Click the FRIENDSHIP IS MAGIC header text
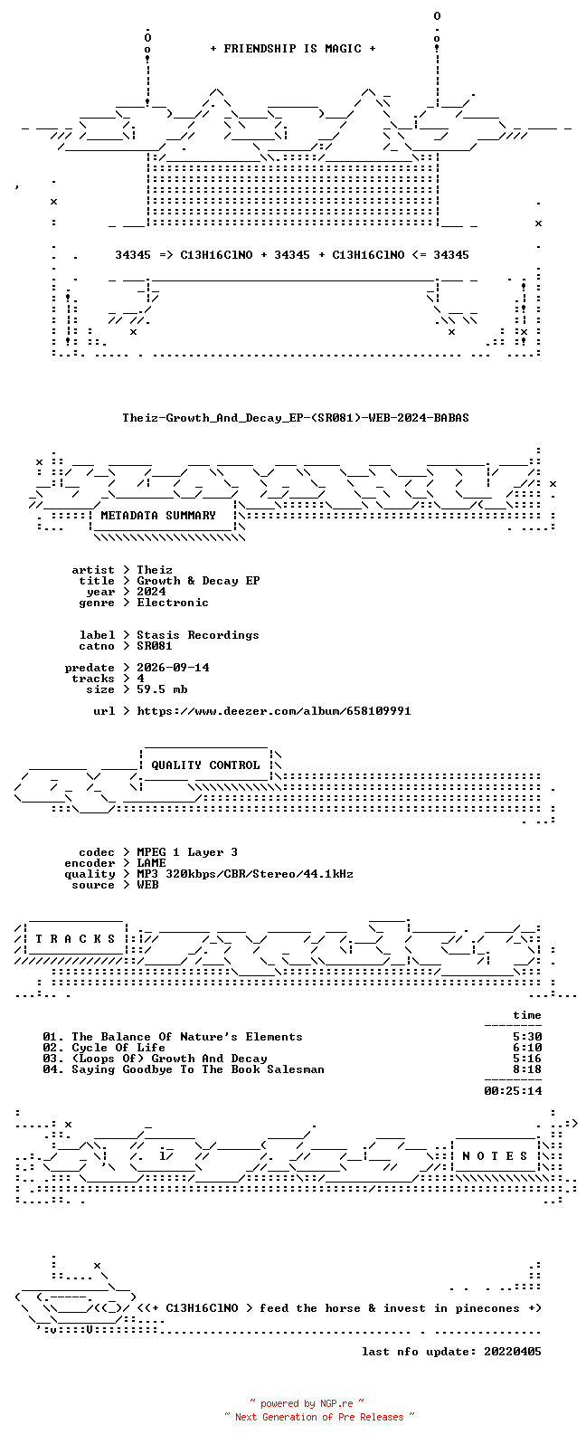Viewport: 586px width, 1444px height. (x=293, y=49)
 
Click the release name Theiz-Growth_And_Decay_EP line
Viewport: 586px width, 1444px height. (x=296, y=418)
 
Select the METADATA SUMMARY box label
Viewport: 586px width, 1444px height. (x=158, y=516)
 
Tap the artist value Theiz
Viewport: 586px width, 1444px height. (x=155, y=570)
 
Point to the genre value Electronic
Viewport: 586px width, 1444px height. (x=173, y=603)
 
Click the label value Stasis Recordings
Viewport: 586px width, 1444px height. (x=198, y=635)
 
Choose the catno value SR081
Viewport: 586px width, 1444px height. (x=155, y=646)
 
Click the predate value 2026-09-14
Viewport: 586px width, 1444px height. (x=173, y=668)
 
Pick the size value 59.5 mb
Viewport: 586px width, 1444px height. (x=162, y=689)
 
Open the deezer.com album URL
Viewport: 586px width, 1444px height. (x=274, y=711)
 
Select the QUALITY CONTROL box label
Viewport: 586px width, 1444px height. (x=205, y=765)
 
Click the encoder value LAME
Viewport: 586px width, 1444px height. (x=152, y=863)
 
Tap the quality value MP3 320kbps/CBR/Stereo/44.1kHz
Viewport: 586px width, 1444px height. (x=245, y=874)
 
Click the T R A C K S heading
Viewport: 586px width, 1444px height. (x=75, y=939)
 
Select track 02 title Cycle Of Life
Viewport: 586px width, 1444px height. (x=118, y=1049)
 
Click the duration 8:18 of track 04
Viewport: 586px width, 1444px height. (x=527, y=1069)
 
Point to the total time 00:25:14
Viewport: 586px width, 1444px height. (x=513, y=1091)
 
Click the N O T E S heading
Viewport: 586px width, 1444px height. (x=495, y=1156)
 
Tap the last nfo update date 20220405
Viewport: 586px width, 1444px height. (x=513, y=1352)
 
